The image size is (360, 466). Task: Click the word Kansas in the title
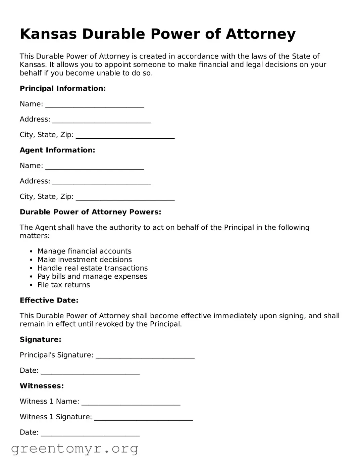pos(48,34)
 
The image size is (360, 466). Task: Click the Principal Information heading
pos(63,89)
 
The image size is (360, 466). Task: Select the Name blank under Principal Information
pos(95,105)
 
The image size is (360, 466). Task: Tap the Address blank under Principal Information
pos(102,120)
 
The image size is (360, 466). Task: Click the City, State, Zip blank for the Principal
pos(125,136)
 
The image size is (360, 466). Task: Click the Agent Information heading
pos(57,150)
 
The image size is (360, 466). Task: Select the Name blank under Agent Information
pos(95,167)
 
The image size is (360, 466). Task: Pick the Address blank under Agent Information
pos(102,182)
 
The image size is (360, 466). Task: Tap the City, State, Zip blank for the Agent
pos(125,197)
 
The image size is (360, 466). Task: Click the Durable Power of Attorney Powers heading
pos(90,212)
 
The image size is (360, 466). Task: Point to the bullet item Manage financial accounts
pos(84,251)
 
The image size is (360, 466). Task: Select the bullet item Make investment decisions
pos(85,260)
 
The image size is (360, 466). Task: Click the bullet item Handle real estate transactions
pos(92,268)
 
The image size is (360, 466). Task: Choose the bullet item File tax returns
pos(64,285)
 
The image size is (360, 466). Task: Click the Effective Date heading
pos(49,300)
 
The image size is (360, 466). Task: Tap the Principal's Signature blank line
pos(145,356)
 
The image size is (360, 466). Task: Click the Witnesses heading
pos(42,386)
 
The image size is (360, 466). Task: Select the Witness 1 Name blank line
pos(131,402)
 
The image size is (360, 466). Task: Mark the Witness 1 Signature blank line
pos(144,418)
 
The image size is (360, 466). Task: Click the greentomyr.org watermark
pos(74,449)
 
